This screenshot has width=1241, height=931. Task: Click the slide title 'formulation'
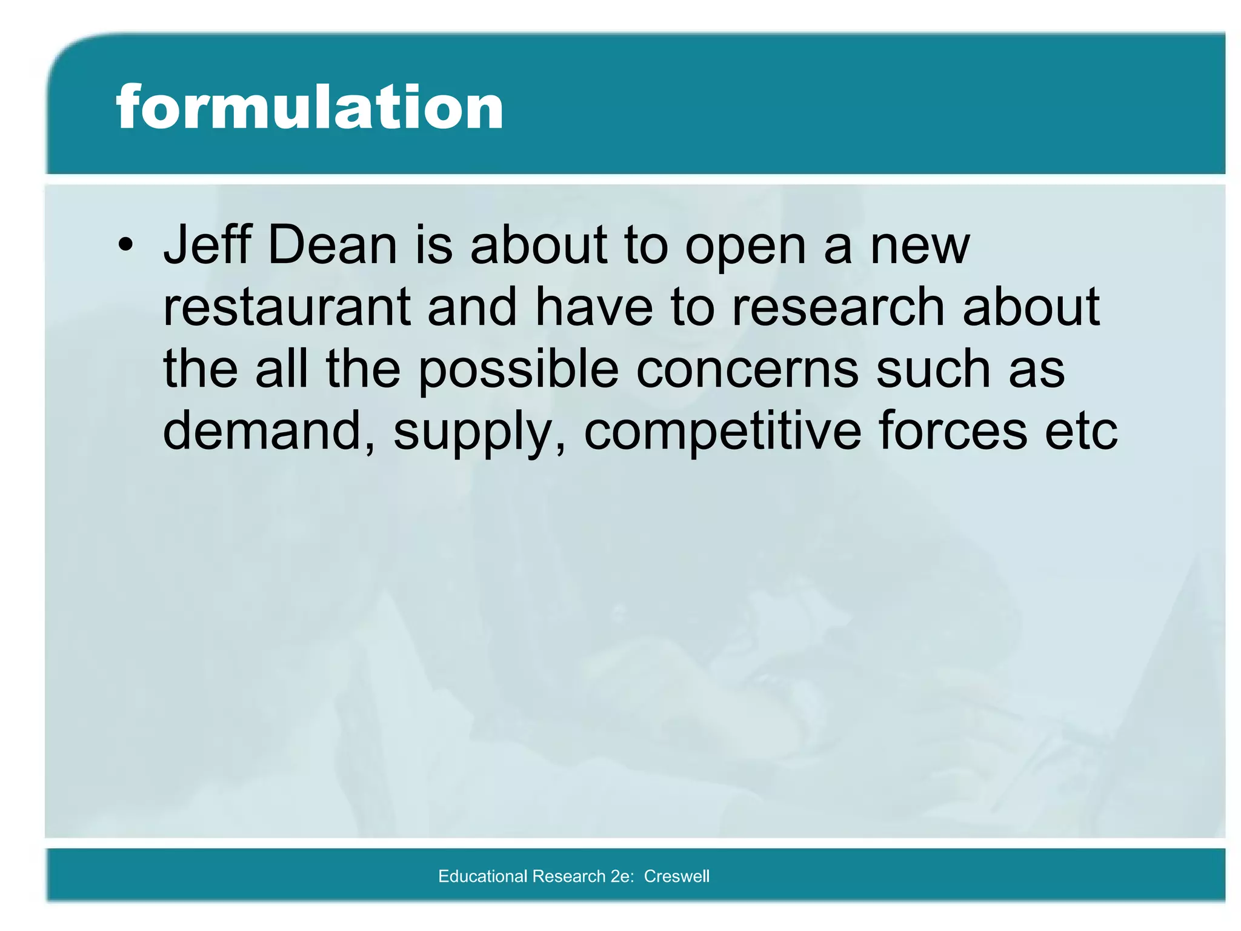pyautogui.click(x=310, y=107)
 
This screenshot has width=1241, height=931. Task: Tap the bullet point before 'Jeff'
pyautogui.click(x=125, y=245)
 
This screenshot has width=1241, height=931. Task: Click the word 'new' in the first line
pyautogui.click(x=920, y=246)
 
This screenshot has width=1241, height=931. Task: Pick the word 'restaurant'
pyautogui.click(x=287, y=307)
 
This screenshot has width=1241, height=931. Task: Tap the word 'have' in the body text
pyautogui.click(x=594, y=307)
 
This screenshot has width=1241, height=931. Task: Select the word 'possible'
pyautogui.click(x=519, y=371)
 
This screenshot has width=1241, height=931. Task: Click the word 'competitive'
pyautogui.click(x=722, y=432)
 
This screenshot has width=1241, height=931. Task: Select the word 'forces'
pyautogui.click(x=953, y=431)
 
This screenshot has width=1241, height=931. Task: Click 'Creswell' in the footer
pyautogui.click(x=676, y=876)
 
